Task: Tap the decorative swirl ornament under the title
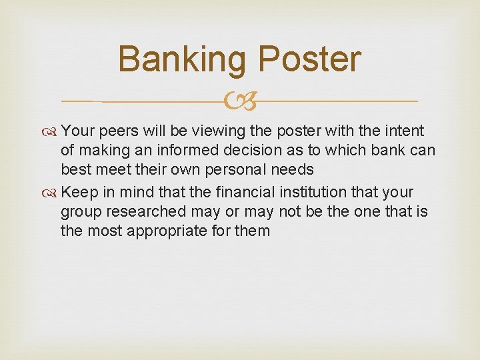coord(240,101)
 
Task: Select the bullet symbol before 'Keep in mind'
coord(52,193)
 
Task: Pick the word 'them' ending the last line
coord(253,231)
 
